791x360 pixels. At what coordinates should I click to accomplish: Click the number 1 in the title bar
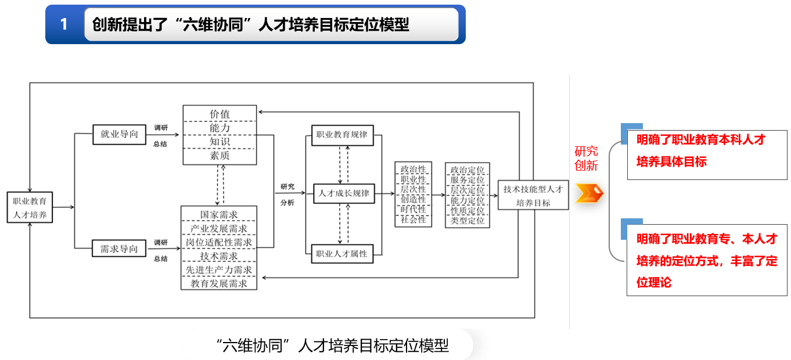pos(64,24)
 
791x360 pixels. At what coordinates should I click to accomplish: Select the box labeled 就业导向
pos(119,134)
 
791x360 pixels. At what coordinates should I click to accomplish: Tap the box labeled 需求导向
pos(119,249)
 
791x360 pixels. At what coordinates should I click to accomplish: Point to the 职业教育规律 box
pos(341,135)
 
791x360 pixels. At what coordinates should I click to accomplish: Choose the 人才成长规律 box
pos(344,193)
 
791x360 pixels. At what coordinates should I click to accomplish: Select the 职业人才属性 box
pos(341,253)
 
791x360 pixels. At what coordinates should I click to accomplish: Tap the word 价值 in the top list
pos(220,113)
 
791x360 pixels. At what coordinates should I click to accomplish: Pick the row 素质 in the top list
pos(220,156)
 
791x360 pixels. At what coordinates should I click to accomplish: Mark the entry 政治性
pos(414,170)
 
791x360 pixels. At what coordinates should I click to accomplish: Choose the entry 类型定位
pos(468,221)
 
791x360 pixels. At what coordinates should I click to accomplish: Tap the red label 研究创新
pos(586,159)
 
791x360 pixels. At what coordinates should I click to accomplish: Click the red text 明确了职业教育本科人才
pos(700,140)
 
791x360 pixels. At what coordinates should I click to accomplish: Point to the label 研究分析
pos(287,195)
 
